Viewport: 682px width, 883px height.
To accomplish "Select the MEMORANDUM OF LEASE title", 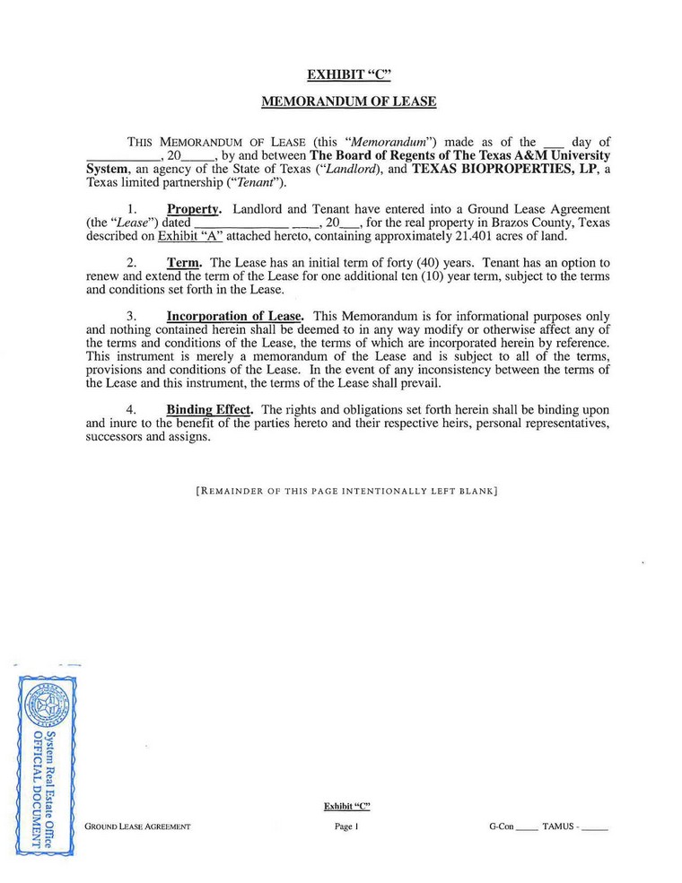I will (348, 102).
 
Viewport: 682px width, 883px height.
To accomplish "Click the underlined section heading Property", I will (194, 210).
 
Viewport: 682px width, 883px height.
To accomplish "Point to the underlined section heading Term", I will (184, 263).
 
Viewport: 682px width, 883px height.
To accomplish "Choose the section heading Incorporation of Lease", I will (235, 316).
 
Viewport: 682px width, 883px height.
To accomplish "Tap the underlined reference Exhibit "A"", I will (189, 237).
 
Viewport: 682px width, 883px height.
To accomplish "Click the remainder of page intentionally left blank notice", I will (346, 492).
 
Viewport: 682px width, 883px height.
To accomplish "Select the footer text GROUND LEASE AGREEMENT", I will (137, 826).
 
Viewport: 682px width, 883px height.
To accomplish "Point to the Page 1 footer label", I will (345, 826).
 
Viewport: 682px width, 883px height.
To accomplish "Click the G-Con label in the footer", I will (501, 826).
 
